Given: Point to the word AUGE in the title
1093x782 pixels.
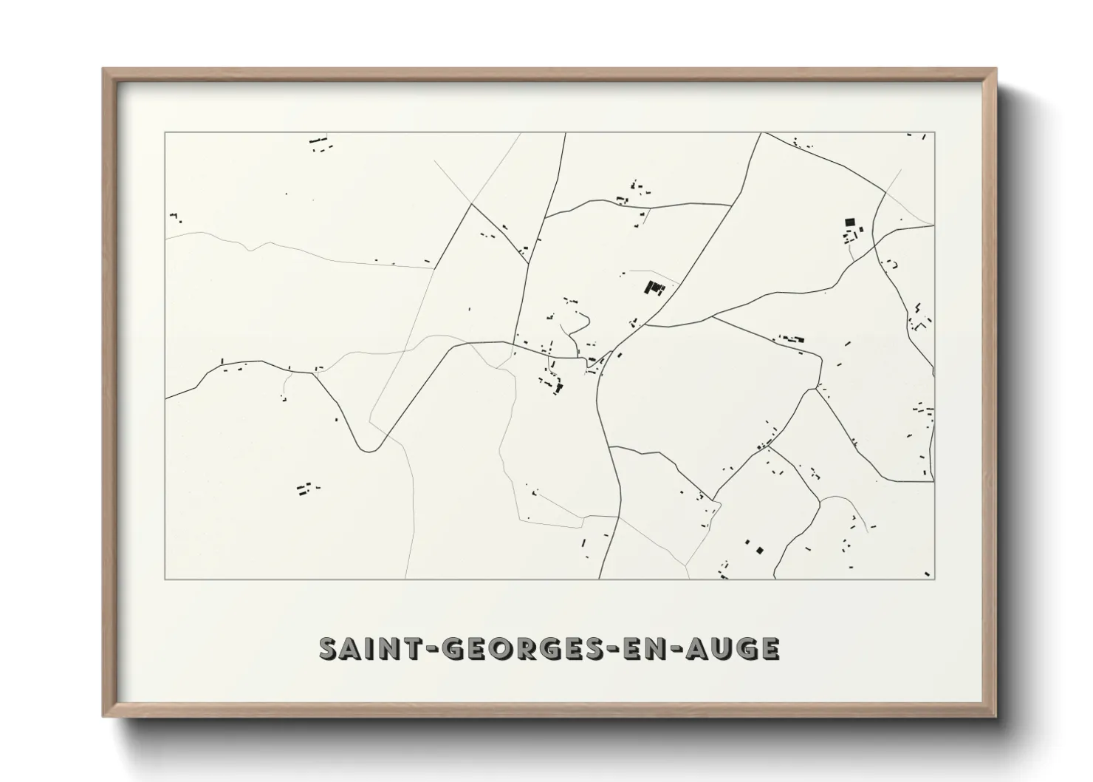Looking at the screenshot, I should [732, 649].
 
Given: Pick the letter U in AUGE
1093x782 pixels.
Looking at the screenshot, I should [720, 649].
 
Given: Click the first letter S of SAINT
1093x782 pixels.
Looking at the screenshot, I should [328, 649].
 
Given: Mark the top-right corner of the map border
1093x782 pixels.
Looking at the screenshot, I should [935, 133].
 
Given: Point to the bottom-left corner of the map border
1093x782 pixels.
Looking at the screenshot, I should [165, 579].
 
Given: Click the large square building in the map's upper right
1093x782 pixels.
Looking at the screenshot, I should [849, 221].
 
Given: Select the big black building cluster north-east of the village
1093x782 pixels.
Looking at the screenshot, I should [653, 288].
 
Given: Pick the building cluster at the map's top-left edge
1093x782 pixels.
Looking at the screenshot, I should [320, 142].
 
